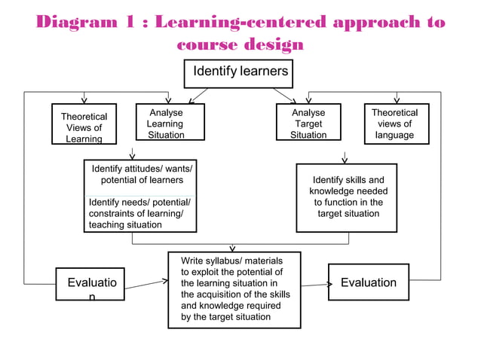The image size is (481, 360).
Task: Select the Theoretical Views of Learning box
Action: tap(84, 124)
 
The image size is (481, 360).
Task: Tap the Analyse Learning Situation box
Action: tap(166, 123)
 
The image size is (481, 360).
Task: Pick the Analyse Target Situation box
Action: tap(308, 123)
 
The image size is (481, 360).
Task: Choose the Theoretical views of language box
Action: tap(396, 123)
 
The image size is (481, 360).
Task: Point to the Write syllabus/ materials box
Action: tap(234, 290)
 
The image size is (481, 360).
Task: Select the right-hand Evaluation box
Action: tap(368, 282)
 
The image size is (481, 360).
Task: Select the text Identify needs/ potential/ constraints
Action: tap(139, 214)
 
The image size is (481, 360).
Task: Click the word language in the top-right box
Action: tap(395, 136)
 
